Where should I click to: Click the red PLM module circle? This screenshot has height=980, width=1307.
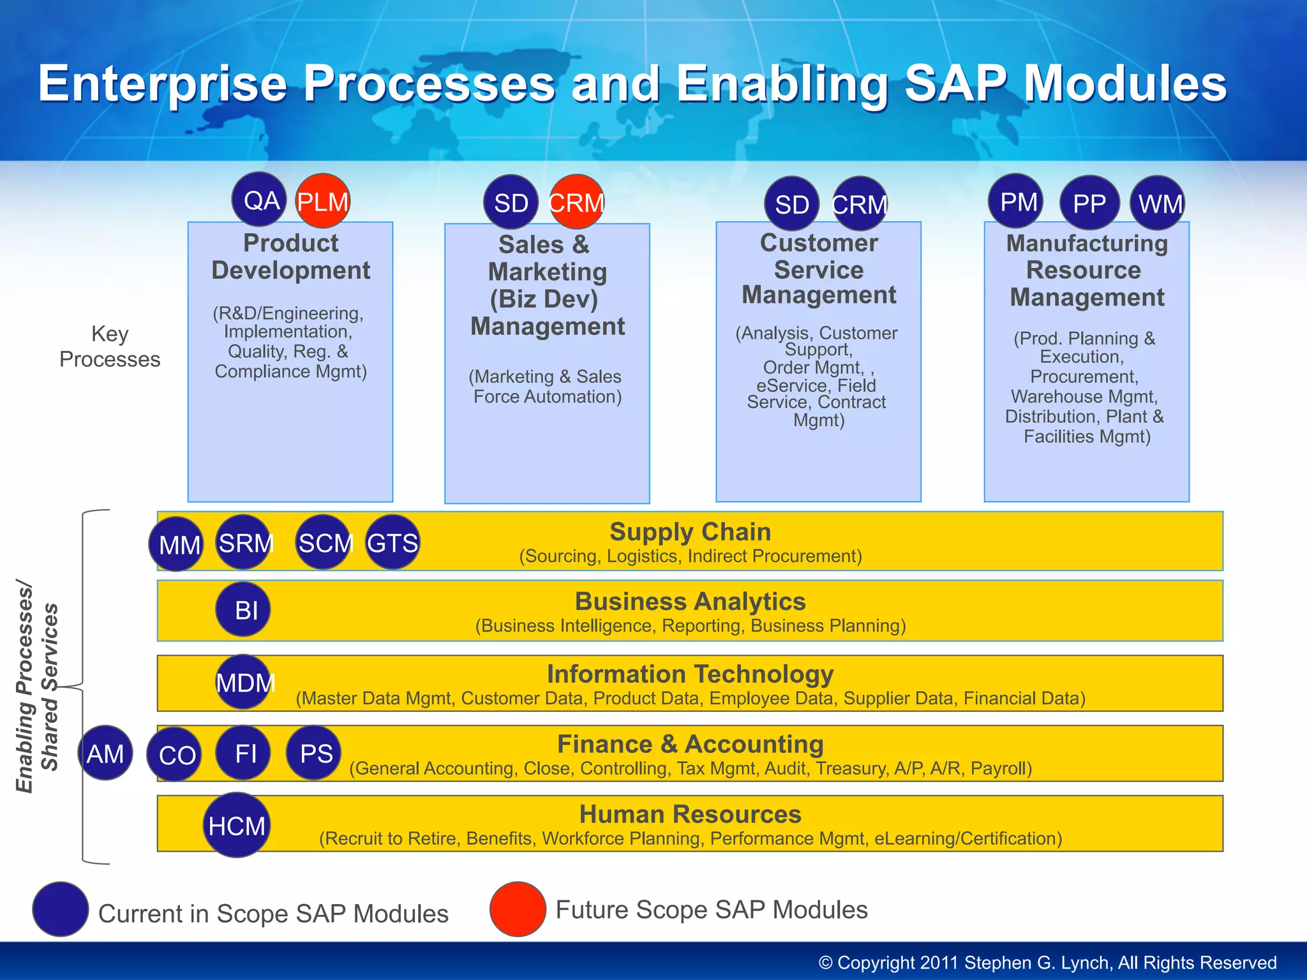click(x=323, y=201)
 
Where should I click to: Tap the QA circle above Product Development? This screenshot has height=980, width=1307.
click(x=260, y=200)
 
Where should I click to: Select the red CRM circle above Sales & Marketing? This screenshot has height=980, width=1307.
click(x=576, y=202)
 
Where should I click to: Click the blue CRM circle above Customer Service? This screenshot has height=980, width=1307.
click(x=860, y=204)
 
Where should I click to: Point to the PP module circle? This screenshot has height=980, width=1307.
click(x=1089, y=203)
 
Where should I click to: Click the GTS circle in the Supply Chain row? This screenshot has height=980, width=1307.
click(x=392, y=542)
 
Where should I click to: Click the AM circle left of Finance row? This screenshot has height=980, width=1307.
click(x=105, y=753)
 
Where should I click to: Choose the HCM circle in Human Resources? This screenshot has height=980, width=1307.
click(x=237, y=825)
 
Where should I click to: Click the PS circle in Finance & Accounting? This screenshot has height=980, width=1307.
click(x=313, y=754)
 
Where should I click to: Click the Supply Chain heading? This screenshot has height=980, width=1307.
click(x=690, y=531)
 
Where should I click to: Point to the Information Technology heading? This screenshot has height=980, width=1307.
click(x=690, y=674)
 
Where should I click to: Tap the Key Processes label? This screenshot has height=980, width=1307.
click(x=110, y=346)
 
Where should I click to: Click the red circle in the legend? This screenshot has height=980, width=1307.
click(x=518, y=909)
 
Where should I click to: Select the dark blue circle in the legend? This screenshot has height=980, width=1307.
click(x=61, y=909)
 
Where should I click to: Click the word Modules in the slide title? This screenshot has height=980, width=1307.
click(x=1125, y=84)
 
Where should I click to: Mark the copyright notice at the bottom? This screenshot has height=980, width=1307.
click(x=1047, y=962)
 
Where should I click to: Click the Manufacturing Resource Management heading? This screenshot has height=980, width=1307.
click(x=1087, y=271)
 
